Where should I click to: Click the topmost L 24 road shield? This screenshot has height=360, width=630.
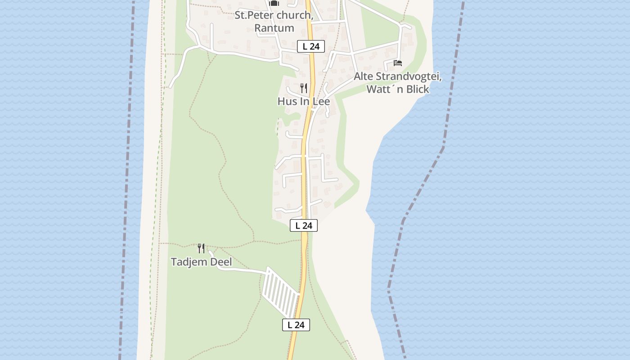[310, 46]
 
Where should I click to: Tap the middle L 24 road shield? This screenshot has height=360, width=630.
[304, 225]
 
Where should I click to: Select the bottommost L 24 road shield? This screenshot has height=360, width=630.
[296, 324]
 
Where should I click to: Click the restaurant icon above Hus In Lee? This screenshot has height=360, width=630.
[304, 88]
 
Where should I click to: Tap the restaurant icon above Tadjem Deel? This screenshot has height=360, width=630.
[201, 248]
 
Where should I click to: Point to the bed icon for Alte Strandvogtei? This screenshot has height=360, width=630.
[397, 63]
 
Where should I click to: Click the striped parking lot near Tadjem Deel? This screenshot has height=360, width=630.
[280, 292]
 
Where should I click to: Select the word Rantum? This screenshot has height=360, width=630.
[274, 28]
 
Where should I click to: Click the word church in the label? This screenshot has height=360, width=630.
[296, 15]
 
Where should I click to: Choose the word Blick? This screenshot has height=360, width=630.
[418, 89]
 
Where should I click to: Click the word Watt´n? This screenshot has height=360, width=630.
[385, 89]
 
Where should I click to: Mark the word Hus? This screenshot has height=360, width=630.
[287, 101]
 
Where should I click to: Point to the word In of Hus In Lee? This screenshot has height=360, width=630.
[305, 101]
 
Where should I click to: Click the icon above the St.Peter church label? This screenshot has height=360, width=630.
[274, 3]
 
